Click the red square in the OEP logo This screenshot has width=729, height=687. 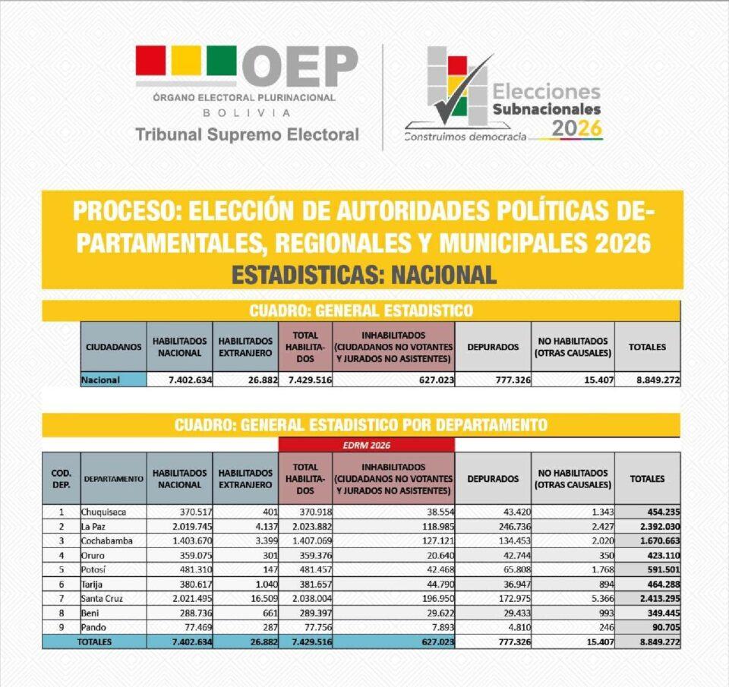[150, 61]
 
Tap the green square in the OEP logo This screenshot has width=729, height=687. [221, 61]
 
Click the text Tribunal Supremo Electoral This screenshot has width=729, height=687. [247, 135]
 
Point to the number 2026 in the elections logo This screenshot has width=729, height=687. [576, 129]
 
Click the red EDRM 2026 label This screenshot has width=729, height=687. [367, 445]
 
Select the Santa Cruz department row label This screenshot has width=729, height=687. [104, 598]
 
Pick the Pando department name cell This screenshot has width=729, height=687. [95, 627]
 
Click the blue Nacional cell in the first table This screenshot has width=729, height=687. [113, 380]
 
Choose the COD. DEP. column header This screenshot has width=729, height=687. [61, 479]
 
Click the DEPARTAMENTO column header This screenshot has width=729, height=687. [113, 479]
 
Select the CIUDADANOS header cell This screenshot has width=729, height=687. [113, 347]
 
